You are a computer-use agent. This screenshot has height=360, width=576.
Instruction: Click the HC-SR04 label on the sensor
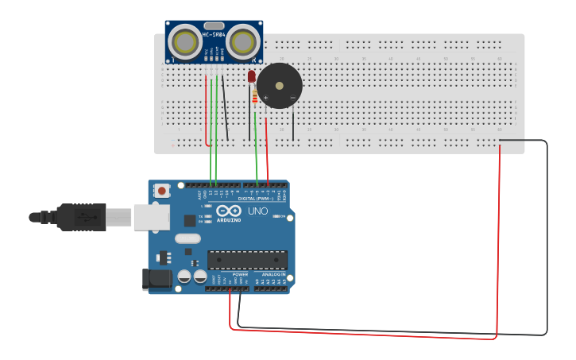point(214,33)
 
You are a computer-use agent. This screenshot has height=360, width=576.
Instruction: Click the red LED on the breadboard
point(252,77)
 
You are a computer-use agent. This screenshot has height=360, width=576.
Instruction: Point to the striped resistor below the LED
point(254,97)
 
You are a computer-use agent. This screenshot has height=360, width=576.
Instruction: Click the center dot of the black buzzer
point(279,85)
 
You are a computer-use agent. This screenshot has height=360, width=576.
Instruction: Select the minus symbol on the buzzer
point(292,98)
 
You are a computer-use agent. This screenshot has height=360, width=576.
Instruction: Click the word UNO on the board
point(258,211)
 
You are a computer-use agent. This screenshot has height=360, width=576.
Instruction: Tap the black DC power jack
point(157,279)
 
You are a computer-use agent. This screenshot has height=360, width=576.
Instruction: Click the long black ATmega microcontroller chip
point(247,260)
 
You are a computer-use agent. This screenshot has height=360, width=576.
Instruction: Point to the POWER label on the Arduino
point(240,274)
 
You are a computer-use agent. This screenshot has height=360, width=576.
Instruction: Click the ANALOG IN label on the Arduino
point(273,274)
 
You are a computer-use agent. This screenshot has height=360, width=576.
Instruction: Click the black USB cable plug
point(79,216)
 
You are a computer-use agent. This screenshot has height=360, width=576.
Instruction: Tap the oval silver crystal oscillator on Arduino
point(188,238)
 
